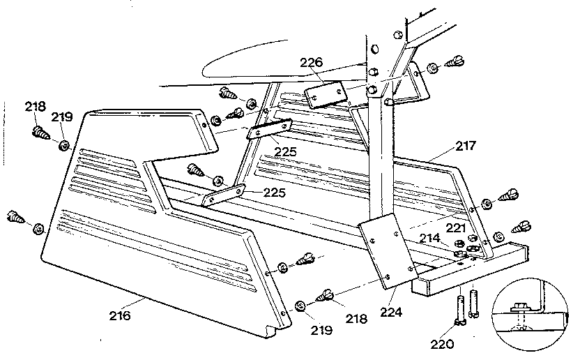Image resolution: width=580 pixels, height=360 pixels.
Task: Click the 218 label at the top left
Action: click(x=36, y=107)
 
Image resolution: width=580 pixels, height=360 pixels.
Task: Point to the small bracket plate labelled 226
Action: click(x=327, y=92)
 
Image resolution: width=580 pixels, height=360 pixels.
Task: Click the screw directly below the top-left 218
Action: click(x=41, y=130)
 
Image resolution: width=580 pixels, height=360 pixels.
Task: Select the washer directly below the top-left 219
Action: click(x=63, y=146)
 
